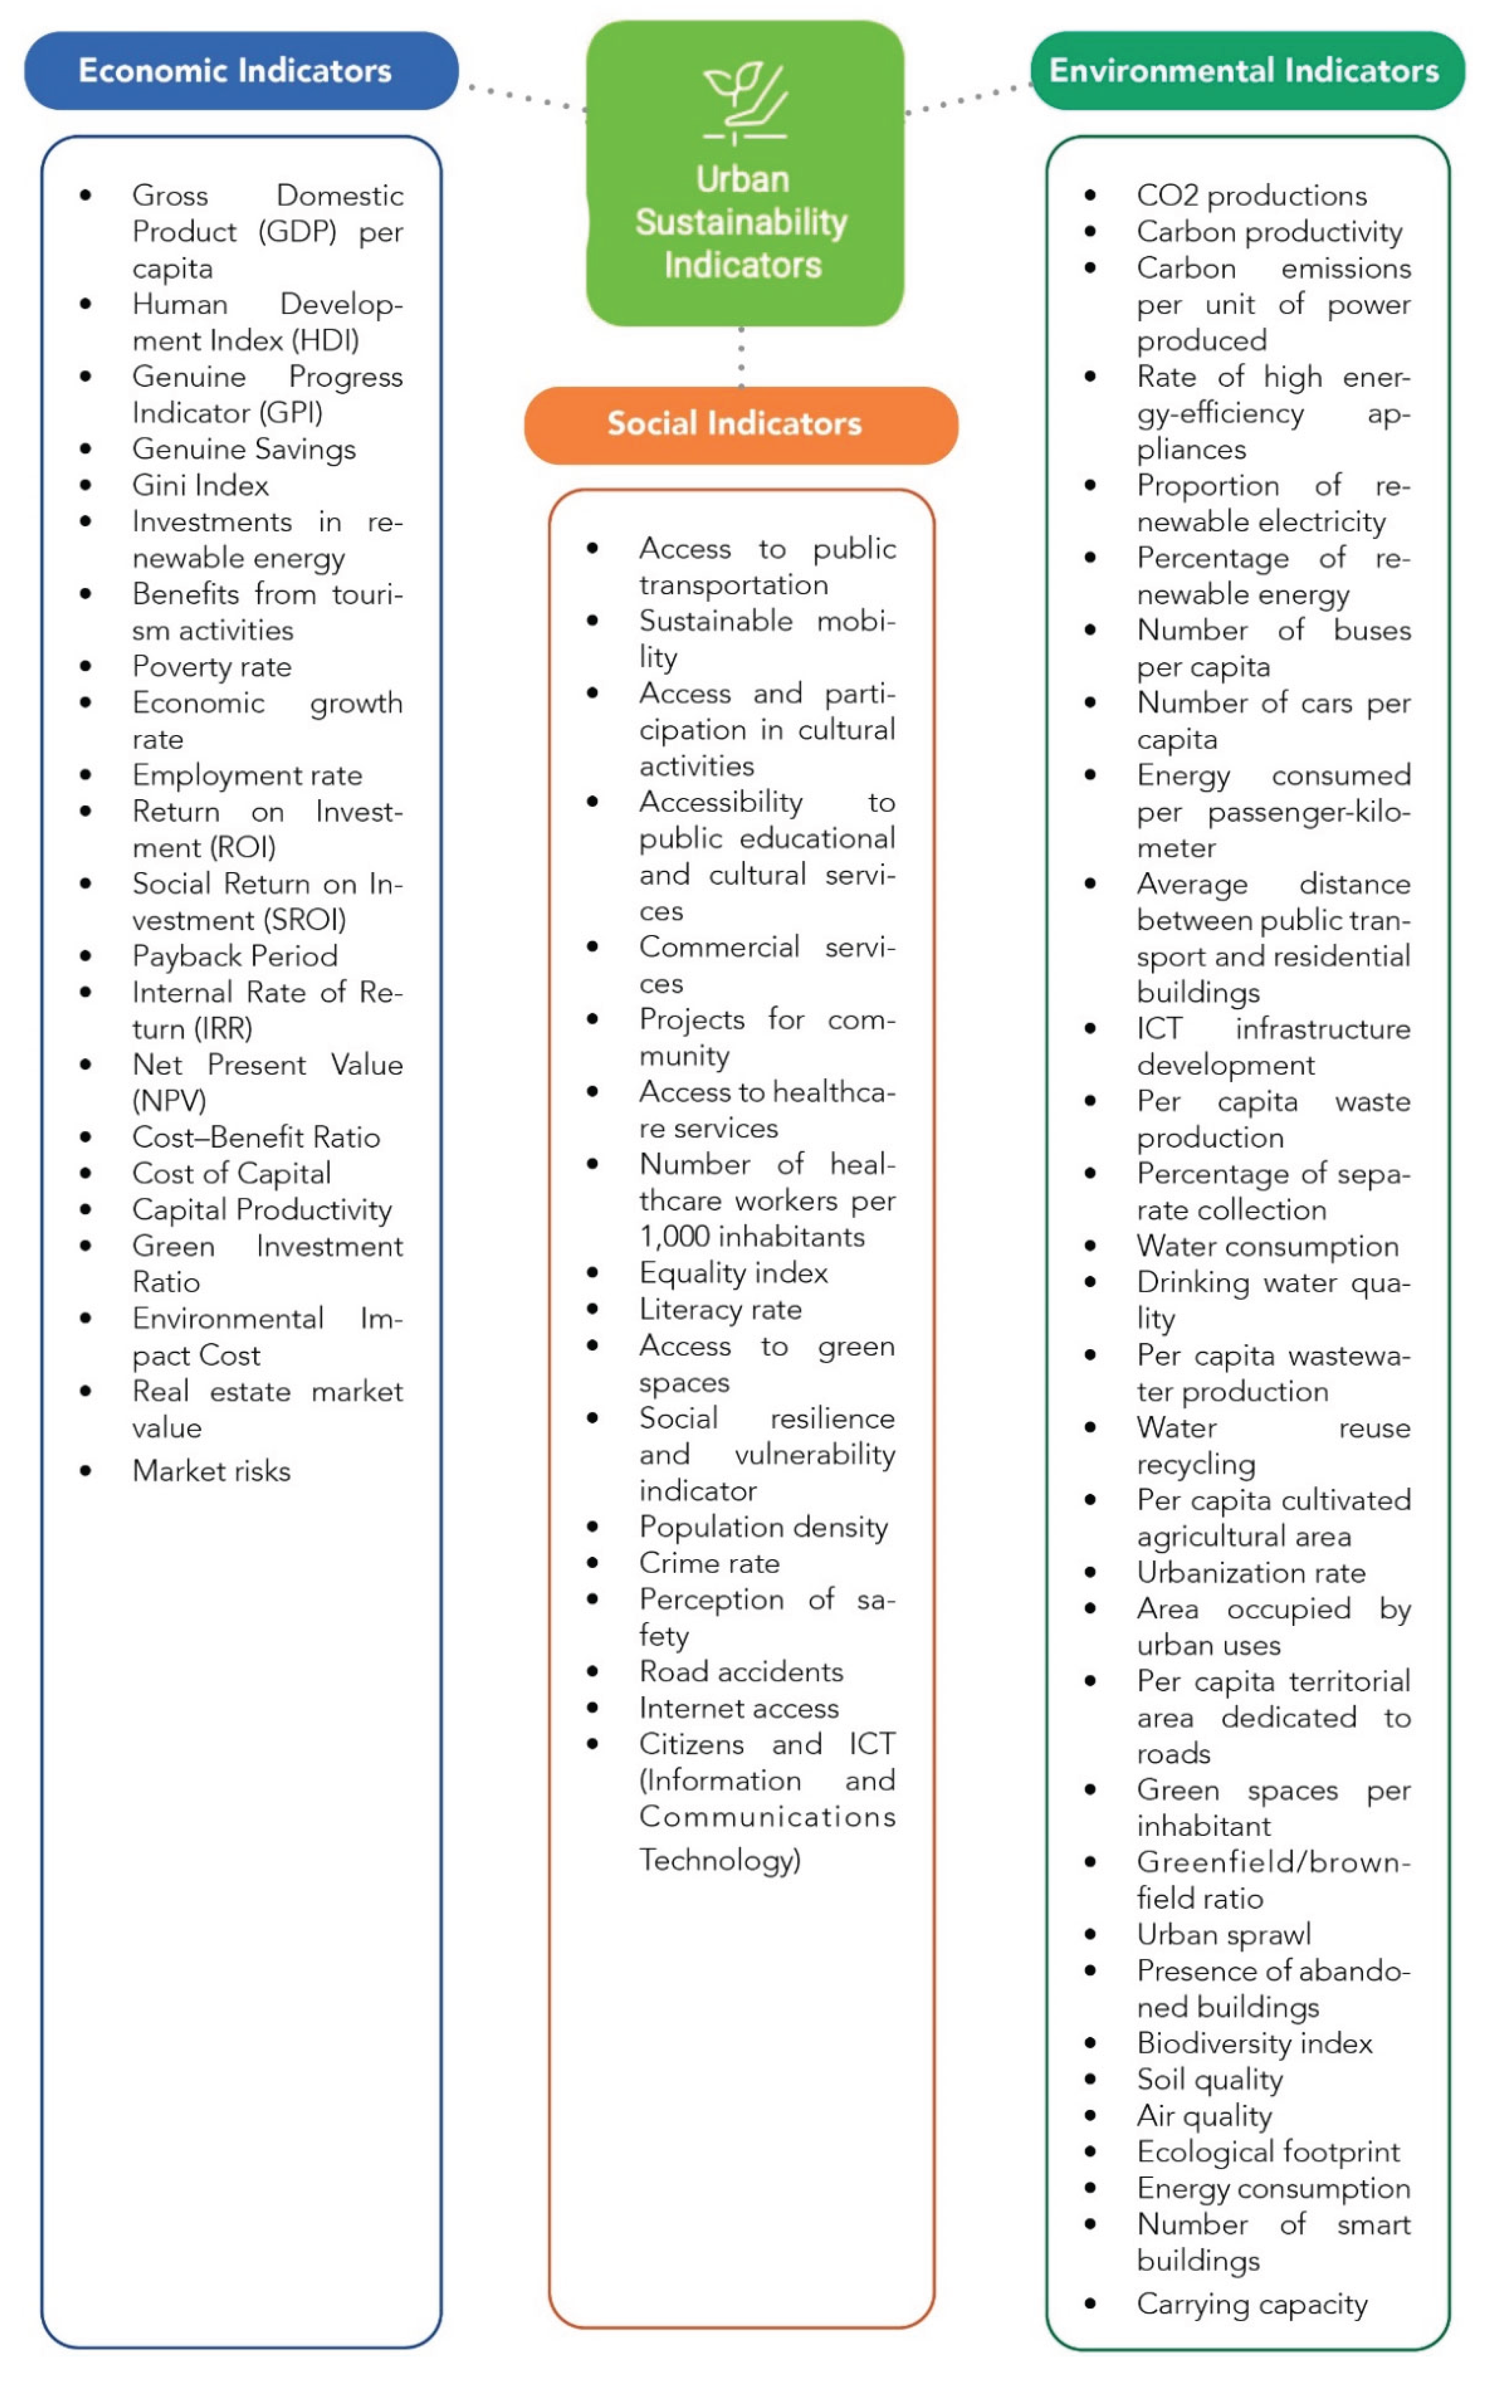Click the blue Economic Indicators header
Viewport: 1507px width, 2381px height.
point(240,70)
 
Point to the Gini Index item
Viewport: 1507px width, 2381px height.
point(201,485)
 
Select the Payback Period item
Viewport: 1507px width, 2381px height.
point(236,956)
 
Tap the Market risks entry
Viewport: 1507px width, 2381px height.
point(212,1471)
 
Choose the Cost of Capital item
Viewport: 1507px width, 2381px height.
point(231,1174)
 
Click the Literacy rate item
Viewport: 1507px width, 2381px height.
point(720,1310)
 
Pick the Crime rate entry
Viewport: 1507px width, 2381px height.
point(709,1563)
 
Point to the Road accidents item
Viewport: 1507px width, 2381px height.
point(741,1672)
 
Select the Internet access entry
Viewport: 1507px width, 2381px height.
point(739,1709)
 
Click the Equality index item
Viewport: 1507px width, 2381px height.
point(733,1274)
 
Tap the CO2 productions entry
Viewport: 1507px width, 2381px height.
point(1251,196)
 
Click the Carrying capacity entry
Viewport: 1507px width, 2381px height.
point(1252,2305)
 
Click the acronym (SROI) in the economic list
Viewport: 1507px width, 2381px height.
point(307,921)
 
